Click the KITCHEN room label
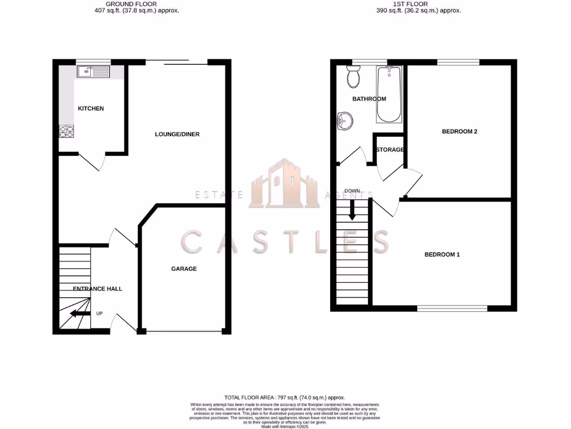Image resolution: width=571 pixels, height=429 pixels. (x=91, y=108)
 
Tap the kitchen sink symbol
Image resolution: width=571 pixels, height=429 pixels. (x=94, y=71)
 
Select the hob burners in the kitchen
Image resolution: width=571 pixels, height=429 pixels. (x=67, y=131)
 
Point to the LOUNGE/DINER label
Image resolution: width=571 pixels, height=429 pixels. (x=177, y=134)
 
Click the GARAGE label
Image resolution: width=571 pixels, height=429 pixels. (x=183, y=269)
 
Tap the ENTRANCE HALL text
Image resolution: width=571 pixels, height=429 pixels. (x=98, y=289)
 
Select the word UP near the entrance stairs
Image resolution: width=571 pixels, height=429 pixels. (x=99, y=313)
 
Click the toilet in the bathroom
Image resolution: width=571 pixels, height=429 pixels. (x=353, y=77)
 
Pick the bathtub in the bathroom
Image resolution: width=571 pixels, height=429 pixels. (x=389, y=93)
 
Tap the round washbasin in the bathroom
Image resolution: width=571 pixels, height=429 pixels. (x=345, y=120)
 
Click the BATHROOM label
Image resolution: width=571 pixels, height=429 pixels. (x=369, y=99)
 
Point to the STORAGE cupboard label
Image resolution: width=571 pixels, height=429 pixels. (x=390, y=150)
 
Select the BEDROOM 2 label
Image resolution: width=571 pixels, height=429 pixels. (x=459, y=132)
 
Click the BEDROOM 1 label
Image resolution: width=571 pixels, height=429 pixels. (x=442, y=255)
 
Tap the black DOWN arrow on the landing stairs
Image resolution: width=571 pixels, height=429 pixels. (x=352, y=210)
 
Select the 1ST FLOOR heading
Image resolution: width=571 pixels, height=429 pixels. (x=410, y=4)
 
